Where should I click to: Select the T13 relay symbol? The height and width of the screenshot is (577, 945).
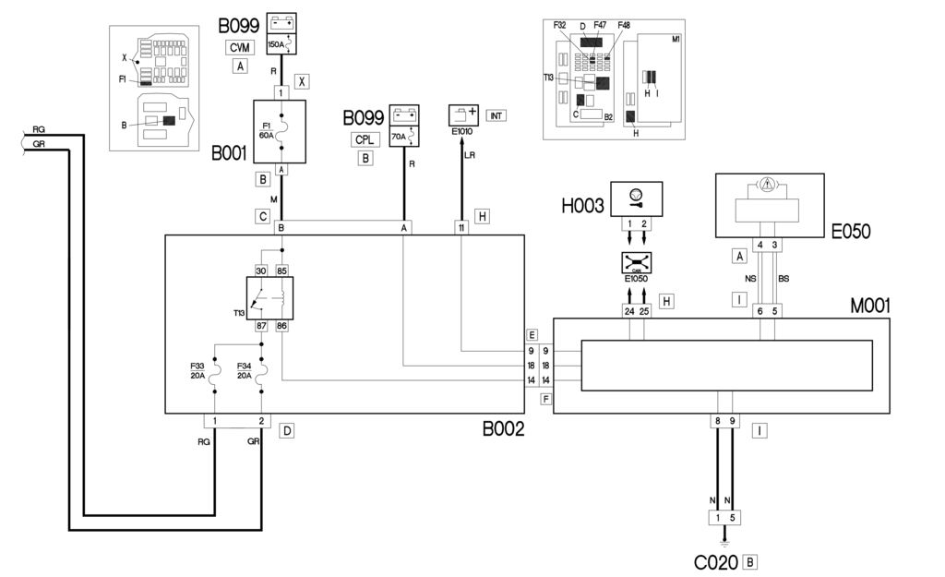pyautogui.click(x=272, y=297)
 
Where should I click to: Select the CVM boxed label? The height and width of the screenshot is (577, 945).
pyautogui.click(x=240, y=48)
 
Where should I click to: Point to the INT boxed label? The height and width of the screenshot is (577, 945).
pyautogui.click(x=496, y=115)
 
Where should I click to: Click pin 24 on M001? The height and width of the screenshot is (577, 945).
pyautogui.click(x=629, y=311)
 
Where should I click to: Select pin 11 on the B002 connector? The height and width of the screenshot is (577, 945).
pyautogui.click(x=461, y=227)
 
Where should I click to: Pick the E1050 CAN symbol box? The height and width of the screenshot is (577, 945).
pyautogui.click(x=637, y=263)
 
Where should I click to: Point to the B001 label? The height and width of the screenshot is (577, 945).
pyautogui.click(x=229, y=153)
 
